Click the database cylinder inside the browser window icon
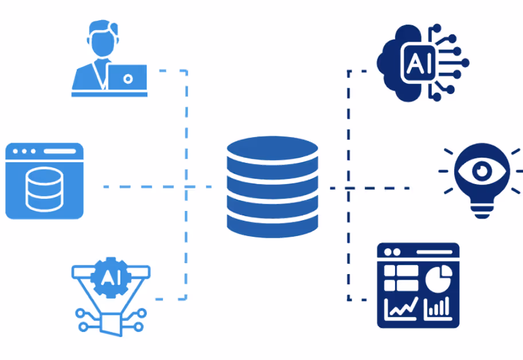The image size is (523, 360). pyautogui.click(x=44, y=189)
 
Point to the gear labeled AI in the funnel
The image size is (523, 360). pyautogui.click(x=107, y=277)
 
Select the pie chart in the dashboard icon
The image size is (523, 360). pyautogui.click(x=439, y=279)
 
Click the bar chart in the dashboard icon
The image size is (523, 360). pyautogui.click(x=437, y=309)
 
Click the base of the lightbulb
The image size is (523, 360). pyautogui.click(x=482, y=212)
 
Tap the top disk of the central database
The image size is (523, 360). pyautogui.click(x=272, y=149)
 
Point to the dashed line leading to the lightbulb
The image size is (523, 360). pyautogui.click(x=378, y=188)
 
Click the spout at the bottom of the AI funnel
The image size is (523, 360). pyautogui.click(x=112, y=325)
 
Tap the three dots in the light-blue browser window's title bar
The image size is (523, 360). pyautogui.click(x=25, y=151)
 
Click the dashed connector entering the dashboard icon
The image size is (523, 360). pyautogui.click(x=358, y=299)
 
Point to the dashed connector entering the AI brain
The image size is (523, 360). pyautogui.click(x=358, y=71)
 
